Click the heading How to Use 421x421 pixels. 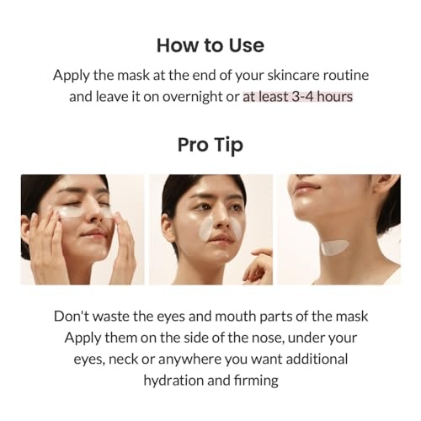coord(210,45)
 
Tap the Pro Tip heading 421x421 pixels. coord(210,145)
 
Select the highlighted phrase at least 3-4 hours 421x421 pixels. coord(298,96)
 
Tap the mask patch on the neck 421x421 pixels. coord(334,248)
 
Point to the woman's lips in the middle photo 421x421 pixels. coord(221,239)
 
